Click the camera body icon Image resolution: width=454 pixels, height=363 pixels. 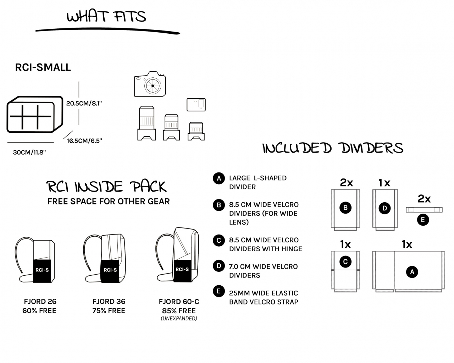(x=150, y=84)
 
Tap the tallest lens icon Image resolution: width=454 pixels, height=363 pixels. (x=146, y=123)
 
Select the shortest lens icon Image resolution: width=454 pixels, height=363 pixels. (x=196, y=131)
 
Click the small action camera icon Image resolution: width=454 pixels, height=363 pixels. (x=196, y=104)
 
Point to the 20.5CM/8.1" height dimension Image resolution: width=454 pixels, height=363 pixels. (x=84, y=103)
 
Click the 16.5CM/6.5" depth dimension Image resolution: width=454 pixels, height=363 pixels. (x=84, y=141)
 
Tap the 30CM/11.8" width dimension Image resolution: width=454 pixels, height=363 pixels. (x=29, y=152)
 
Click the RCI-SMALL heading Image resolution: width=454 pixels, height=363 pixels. (x=43, y=67)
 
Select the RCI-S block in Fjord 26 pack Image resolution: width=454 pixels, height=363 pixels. (x=42, y=271)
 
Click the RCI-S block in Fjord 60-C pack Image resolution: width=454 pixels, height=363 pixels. (x=182, y=270)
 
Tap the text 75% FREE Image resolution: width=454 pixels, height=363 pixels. (x=109, y=310)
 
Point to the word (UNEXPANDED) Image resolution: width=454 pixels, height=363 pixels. (x=179, y=318)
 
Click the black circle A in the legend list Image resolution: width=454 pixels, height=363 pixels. (x=219, y=178)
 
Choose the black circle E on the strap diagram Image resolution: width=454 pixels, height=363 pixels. (x=423, y=220)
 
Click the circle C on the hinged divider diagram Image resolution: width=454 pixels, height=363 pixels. (x=345, y=262)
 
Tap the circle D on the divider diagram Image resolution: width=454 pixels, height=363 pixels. (x=384, y=208)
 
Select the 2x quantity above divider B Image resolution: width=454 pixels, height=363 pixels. (x=346, y=182)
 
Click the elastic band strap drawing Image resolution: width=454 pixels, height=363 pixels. (x=424, y=210)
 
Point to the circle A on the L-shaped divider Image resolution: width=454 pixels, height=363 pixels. (x=412, y=272)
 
